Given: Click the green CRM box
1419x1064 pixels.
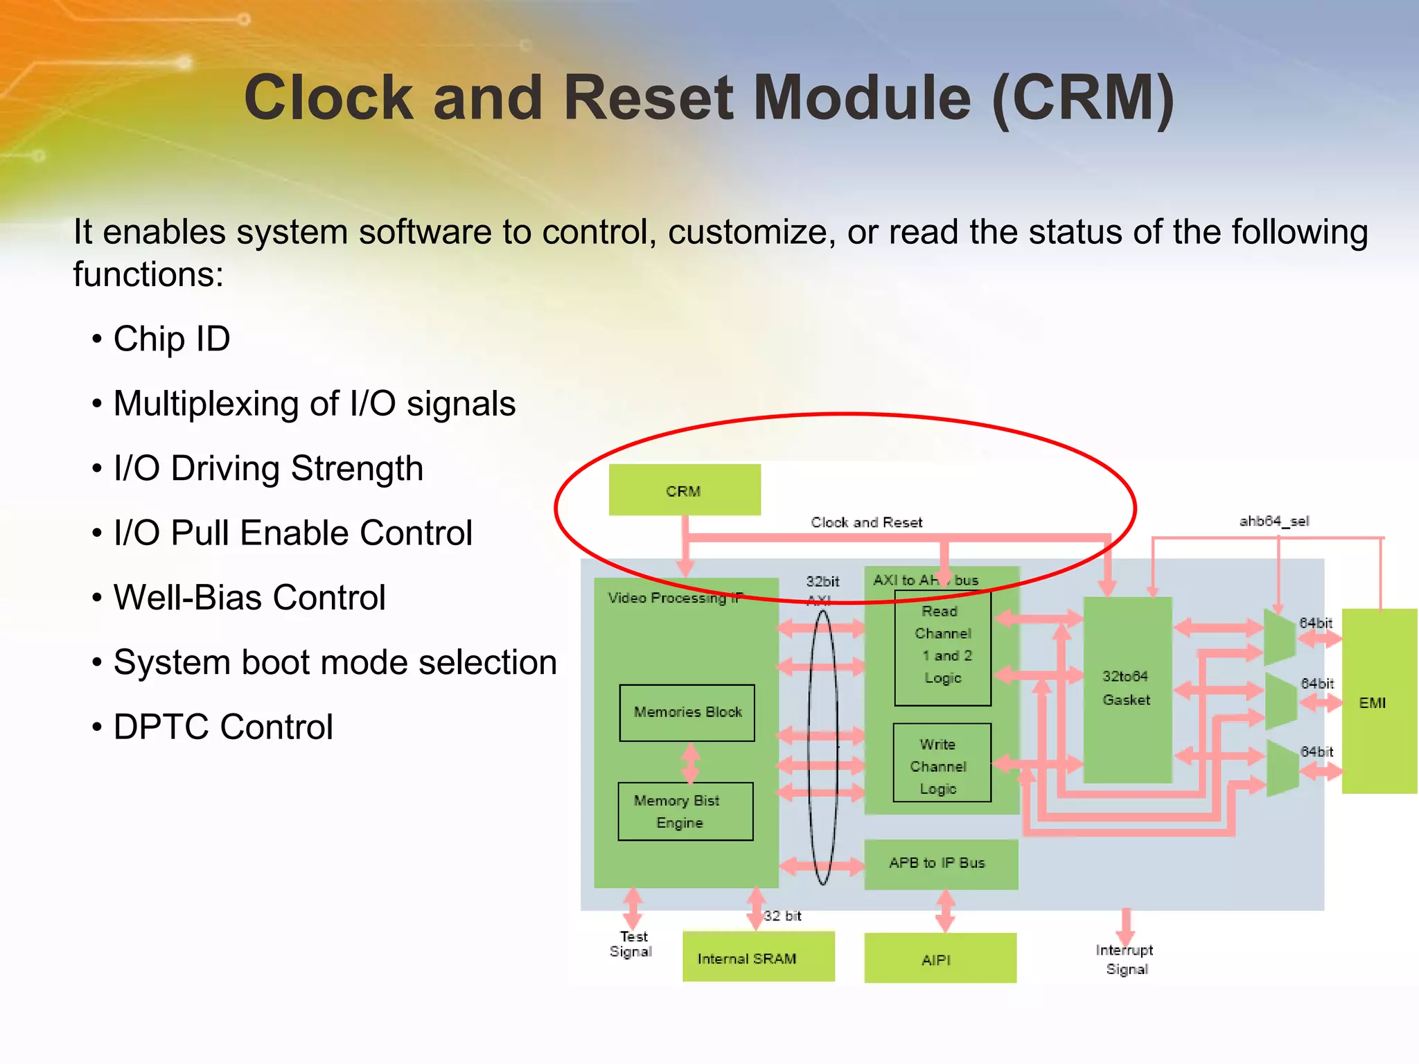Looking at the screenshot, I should click(x=685, y=490).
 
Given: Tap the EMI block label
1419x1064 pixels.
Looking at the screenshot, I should click(x=1372, y=703).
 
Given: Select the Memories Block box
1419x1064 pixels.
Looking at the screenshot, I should click(x=687, y=713).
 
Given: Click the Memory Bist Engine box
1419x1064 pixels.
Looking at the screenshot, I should click(x=685, y=811).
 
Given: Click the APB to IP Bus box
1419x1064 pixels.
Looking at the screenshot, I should click(x=940, y=863).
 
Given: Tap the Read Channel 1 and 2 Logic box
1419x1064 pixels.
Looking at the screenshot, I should click(x=942, y=646).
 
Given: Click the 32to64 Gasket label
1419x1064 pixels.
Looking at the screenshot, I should click(x=1127, y=688).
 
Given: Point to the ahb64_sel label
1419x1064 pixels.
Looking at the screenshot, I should click(x=1273, y=521).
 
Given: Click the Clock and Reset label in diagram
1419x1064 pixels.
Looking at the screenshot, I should click(x=866, y=522).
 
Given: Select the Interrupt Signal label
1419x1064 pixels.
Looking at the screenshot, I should click(x=1125, y=959).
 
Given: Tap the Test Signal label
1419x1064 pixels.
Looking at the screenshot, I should click(x=632, y=944).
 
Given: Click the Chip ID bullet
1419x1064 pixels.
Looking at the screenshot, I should click(x=171, y=339).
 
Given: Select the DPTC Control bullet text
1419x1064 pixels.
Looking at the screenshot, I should click(x=222, y=727).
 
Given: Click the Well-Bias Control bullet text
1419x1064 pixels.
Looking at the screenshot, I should click(x=249, y=598).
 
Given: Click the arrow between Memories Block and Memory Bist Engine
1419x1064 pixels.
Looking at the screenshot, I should click(x=690, y=762).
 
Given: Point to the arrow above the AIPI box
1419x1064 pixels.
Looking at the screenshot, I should click(x=945, y=911).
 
